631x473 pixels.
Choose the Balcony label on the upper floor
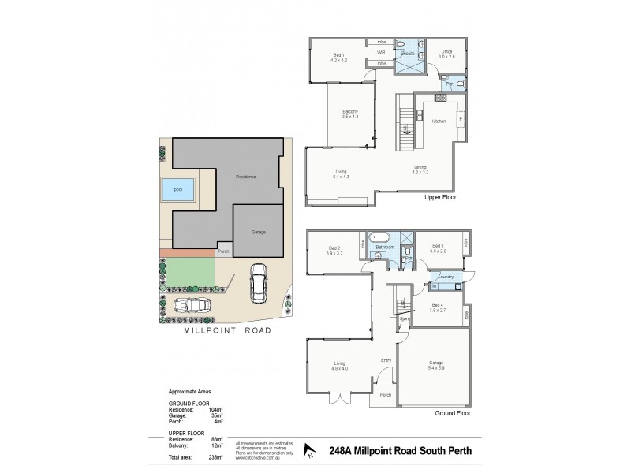pos(350,114)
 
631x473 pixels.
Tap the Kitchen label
pos(439,121)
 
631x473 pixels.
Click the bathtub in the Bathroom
pos(383,236)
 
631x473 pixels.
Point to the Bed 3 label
pos(439,249)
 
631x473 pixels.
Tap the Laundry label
pos(446,277)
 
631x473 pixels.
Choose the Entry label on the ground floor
pos(386,360)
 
